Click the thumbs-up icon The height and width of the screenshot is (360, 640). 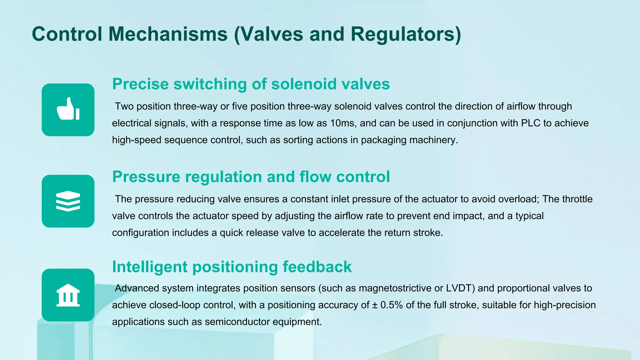click(68, 109)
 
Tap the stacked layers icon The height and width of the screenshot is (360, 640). click(68, 201)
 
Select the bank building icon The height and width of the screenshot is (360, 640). click(68, 295)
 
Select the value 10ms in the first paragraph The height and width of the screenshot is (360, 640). click(342, 123)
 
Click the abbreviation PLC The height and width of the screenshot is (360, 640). click(531, 123)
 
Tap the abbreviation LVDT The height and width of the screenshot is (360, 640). click(460, 288)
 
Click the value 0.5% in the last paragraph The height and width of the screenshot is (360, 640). click(392, 305)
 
